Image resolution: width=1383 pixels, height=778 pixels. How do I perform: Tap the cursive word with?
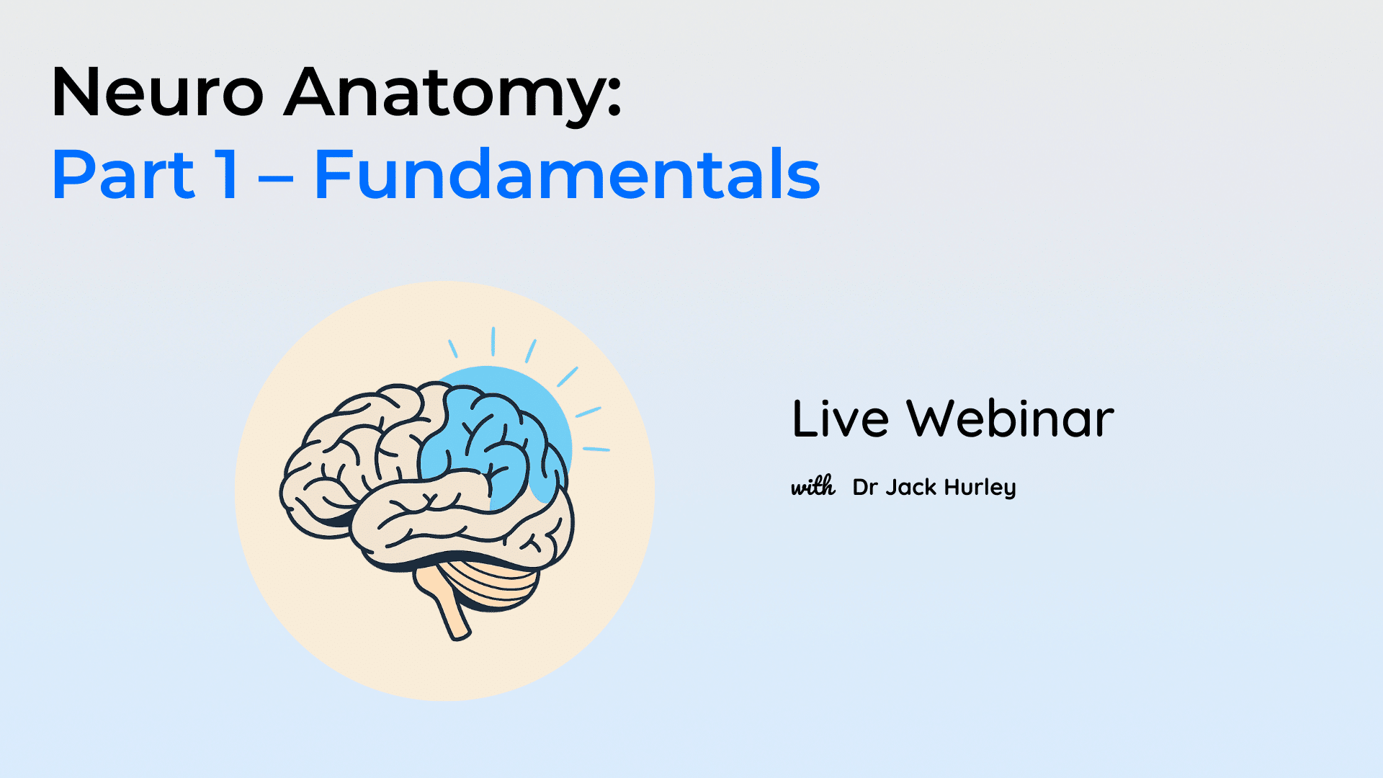click(x=813, y=486)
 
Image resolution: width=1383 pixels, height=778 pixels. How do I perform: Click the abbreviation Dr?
click(x=864, y=488)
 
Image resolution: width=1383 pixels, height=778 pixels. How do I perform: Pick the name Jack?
click(x=910, y=488)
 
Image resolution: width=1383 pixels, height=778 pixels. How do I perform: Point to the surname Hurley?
click(x=980, y=488)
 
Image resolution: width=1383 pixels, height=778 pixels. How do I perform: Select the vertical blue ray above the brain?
click(x=493, y=341)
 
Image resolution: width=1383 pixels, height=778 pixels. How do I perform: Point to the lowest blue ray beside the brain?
click(x=596, y=450)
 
